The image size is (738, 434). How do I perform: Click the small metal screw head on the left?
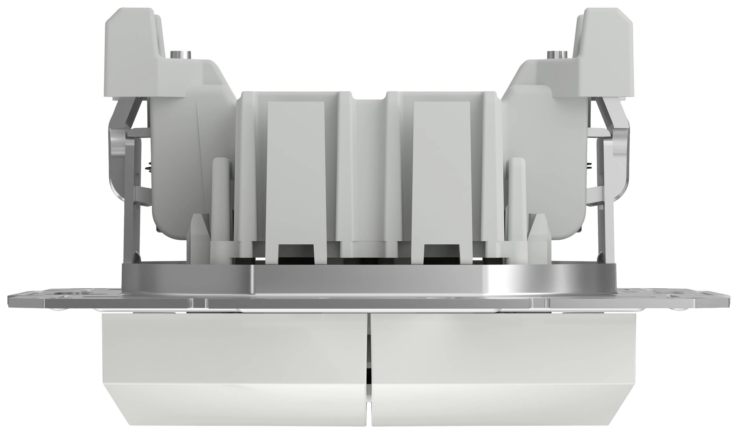[x=180, y=55]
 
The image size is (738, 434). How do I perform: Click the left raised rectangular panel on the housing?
[x=296, y=170]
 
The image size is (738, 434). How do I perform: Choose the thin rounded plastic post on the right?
[x=516, y=187]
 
